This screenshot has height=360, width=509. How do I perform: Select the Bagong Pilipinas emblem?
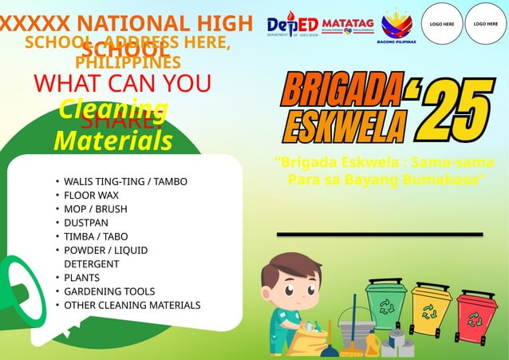(398, 26)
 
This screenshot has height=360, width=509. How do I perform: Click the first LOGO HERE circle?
(442, 24)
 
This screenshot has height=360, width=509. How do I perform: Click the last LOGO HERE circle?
(486, 24)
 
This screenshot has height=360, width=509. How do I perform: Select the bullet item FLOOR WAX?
(91, 195)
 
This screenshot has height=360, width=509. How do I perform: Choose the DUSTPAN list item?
(86, 223)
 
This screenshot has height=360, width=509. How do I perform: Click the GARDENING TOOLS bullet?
(109, 291)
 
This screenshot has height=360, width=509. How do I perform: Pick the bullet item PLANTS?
(82, 278)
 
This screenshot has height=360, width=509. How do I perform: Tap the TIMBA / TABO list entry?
(96, 236)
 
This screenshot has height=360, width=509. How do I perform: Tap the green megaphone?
(19, 292)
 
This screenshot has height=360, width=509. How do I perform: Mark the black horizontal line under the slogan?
(380, 234)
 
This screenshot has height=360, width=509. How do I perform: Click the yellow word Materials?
(112, 141)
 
